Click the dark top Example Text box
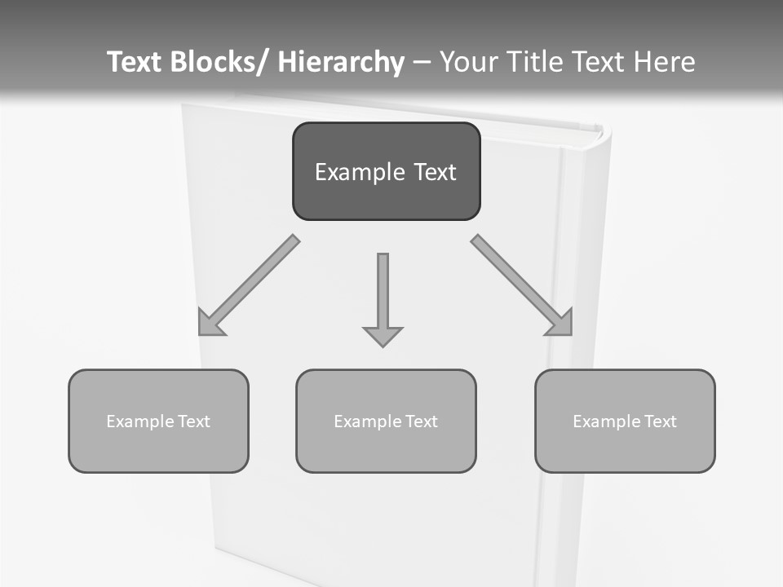point(386,171)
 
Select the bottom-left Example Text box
point(158,421)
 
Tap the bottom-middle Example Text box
point(386,421)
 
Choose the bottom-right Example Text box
point(625,421)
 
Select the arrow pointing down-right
point(522,285)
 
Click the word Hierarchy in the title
point(341,62)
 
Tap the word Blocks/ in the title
point(220,62)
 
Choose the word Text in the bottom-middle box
point(420,421)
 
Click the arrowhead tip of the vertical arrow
point(383,346)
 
